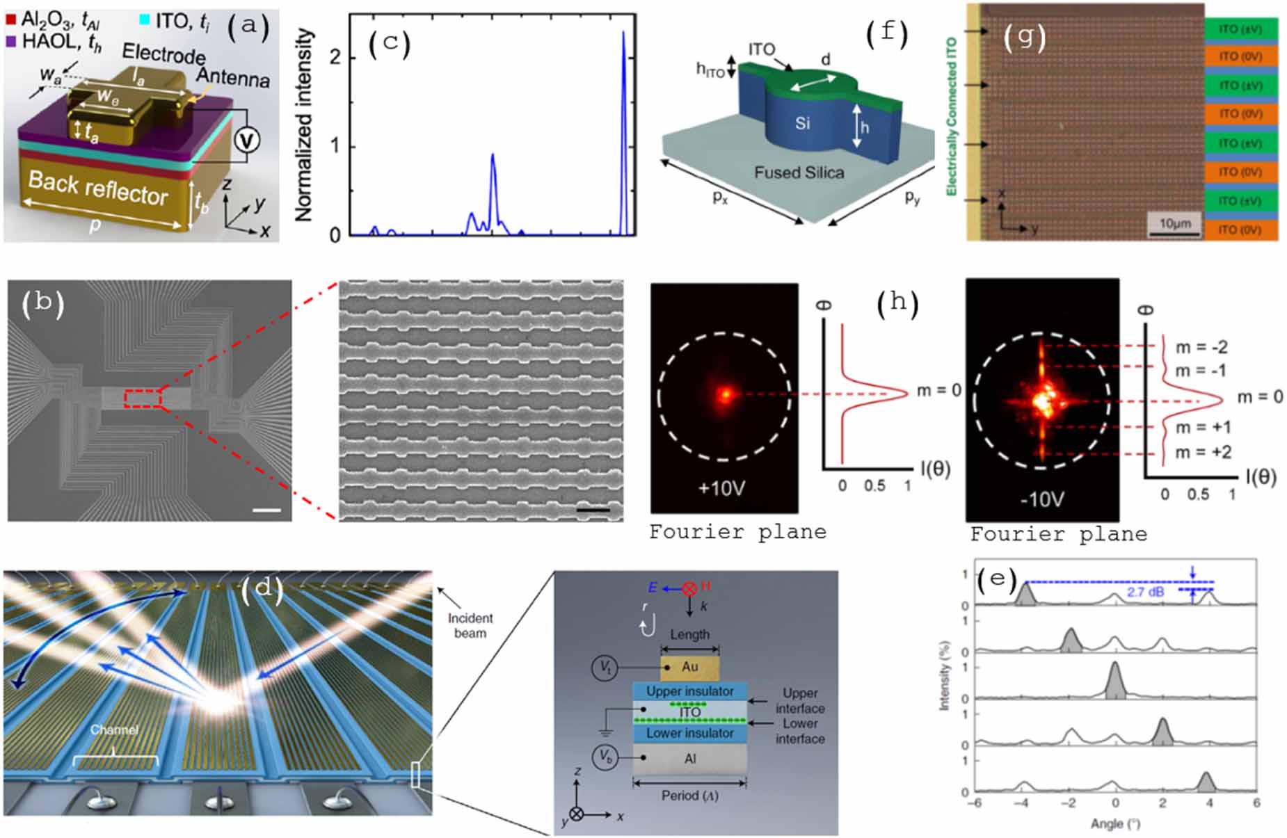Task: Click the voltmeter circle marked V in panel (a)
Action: tap(246, 140)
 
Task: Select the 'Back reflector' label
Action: tap(97, 188)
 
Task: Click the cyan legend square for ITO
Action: tap(144, 19)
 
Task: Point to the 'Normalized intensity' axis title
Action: tap(304, 125)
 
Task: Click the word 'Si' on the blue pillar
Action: tap(802, 124)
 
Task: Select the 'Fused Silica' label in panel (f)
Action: tap(799, 172)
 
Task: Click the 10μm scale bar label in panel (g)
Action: tap(1175, 223)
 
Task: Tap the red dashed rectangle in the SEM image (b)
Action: tap(143, 399)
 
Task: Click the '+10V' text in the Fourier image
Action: tap(721, 488)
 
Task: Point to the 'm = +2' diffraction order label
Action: tap(1203, 452)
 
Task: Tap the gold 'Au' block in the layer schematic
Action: tap(689, 667)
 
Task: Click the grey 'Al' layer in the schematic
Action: tap(689, 759)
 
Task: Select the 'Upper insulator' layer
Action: tap(689, 691)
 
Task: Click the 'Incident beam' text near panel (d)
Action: tap(470, 625)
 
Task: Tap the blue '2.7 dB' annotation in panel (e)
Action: tap(1145, 592)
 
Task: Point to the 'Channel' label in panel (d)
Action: tap(114, 730)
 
